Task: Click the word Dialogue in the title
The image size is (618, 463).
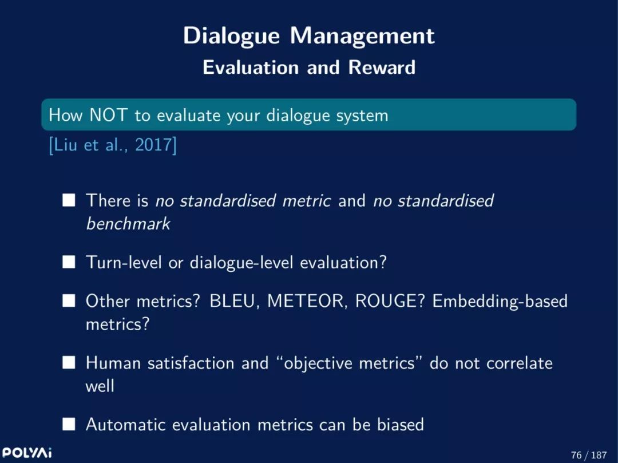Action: (x=231, y=37)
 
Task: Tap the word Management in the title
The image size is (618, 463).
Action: (x=362, y=37)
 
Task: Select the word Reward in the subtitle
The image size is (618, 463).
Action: (x=382, y=68)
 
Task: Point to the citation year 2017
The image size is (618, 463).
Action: (x=153, y=145)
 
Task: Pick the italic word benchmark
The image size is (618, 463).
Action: (x=129, y=223)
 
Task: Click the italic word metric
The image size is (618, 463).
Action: (x=307, y=200)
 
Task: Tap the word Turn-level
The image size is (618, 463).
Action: (x=124, y=263)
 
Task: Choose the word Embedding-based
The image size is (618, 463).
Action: (x=500, y=301)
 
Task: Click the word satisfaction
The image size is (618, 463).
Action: (x=191, y=362)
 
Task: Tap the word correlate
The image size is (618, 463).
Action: (x=520, y=363)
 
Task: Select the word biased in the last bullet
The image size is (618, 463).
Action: (x=401, y=425)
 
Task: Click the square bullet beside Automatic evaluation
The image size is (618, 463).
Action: (x=69, y=425)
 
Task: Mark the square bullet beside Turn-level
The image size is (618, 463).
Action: (x=69, y=262)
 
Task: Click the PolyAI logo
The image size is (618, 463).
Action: (x=27, y=452)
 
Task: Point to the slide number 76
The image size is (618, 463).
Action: (x=576, y=455)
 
